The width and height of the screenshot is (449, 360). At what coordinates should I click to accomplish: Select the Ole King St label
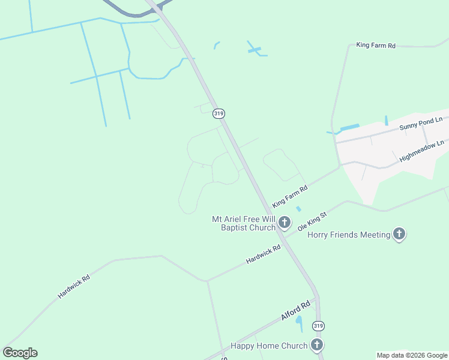point(312,221)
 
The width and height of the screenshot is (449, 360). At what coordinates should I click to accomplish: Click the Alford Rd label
point(295,312)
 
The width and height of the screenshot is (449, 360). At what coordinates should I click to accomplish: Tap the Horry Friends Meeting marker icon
point(399,235)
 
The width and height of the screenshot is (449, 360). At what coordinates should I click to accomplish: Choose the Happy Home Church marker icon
point(316,345)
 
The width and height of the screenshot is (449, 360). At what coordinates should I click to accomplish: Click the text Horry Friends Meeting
point(349,235)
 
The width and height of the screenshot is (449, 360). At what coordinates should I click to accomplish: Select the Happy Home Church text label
point(269,346)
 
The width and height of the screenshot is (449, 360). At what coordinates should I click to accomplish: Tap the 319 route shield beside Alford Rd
point(318,326)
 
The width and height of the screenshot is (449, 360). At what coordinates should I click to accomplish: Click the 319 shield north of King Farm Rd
point(218,113)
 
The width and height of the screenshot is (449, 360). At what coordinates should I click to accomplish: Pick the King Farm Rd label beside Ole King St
point(289,196)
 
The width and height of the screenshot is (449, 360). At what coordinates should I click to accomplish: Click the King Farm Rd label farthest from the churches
point(376,45)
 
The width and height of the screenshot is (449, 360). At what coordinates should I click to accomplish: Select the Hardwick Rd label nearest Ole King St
point(263,255)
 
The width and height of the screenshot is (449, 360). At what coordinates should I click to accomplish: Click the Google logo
point(20,353)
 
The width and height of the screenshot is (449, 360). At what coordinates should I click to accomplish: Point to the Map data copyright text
point(412,355)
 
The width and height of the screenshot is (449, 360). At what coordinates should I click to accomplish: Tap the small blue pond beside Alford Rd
point(299,323)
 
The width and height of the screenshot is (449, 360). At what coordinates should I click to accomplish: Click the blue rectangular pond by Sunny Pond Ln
point(349,127)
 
